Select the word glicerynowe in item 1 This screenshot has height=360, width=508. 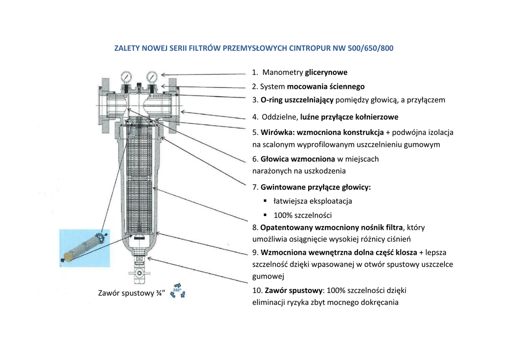[x=326, y=72]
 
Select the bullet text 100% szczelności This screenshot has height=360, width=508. [x=303, y=215]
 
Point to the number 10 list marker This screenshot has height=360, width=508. [x=257, y=290]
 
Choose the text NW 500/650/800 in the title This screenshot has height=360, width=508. [x=368, y=49]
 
